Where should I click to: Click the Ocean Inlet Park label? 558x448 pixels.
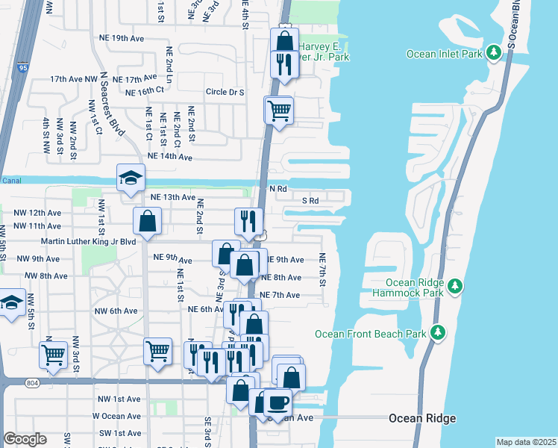click(x=444, y=54)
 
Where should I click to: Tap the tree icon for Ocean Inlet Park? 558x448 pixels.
click(x=493, y=53)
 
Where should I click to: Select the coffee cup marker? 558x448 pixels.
click(x=278, y=402)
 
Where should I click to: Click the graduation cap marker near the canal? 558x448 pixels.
click(x=130, y=178)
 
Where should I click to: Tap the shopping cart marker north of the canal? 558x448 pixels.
click(x=279, y=111)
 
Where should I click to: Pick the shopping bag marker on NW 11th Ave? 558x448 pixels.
click(x=148, y=221)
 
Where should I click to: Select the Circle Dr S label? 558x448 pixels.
click(x=226, y=93)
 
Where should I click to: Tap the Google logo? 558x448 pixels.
click(x=25, y=439)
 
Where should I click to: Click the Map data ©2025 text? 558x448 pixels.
click(x=525, y=442)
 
